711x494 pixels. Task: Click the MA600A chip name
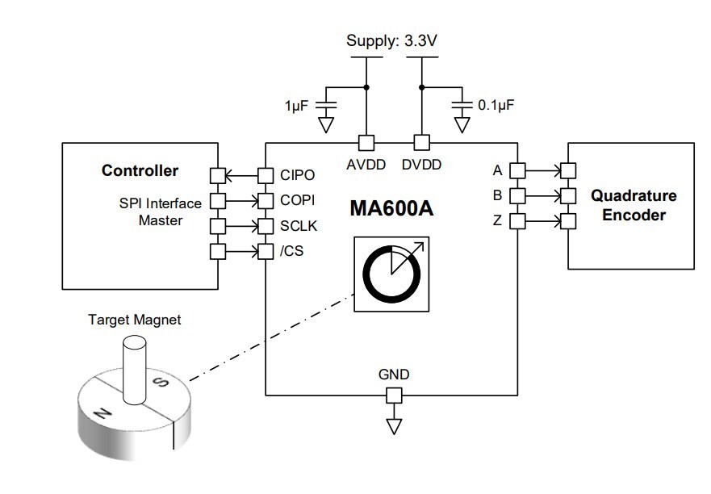[391, 208]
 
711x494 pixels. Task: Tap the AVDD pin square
[366, 143]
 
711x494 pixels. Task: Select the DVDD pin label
[421, 165]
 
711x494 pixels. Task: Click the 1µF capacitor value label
[296, 107]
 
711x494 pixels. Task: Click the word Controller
[140, 170]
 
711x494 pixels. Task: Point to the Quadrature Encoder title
[634, 205]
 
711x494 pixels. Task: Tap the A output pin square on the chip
[517, 170]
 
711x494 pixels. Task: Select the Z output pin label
[497, 220]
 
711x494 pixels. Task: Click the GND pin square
[393, 395]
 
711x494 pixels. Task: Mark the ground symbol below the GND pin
[393, 425]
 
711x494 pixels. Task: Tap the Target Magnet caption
[134, 320]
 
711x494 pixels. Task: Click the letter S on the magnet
[161, 384]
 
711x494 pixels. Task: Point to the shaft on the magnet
[132, 367]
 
